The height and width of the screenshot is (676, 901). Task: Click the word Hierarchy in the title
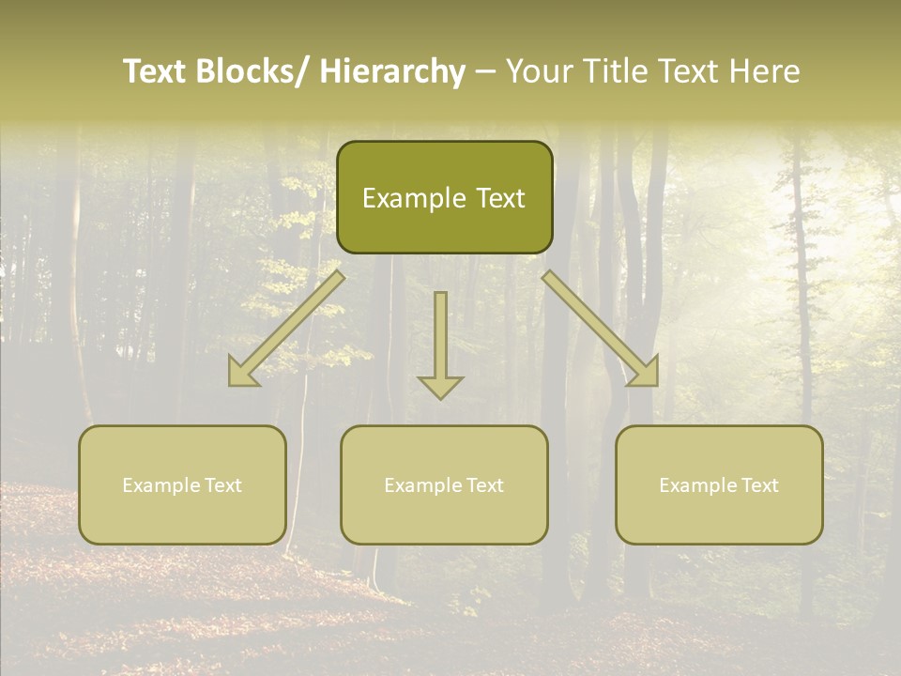(392, 71)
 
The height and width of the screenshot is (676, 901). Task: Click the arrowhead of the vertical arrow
(440, 386)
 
